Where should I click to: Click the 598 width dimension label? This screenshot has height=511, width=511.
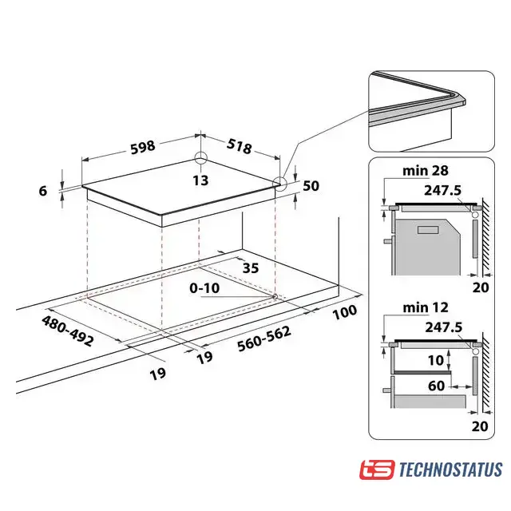[x=143, y=147]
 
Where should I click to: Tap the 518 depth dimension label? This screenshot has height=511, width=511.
[x=240, y=146]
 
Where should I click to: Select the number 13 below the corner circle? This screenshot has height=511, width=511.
[x=200, y=180]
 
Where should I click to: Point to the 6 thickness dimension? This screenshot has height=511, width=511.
[x=43, y=191]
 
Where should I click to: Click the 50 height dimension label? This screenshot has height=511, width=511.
[x=311, y=186]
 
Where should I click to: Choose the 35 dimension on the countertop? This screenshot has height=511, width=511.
[x=251, y=268]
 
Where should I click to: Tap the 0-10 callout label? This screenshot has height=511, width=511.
[x=204, y=288]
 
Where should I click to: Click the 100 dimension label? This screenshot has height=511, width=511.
[x=345, y=312]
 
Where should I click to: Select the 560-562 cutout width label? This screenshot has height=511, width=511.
[x=264, y=339]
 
